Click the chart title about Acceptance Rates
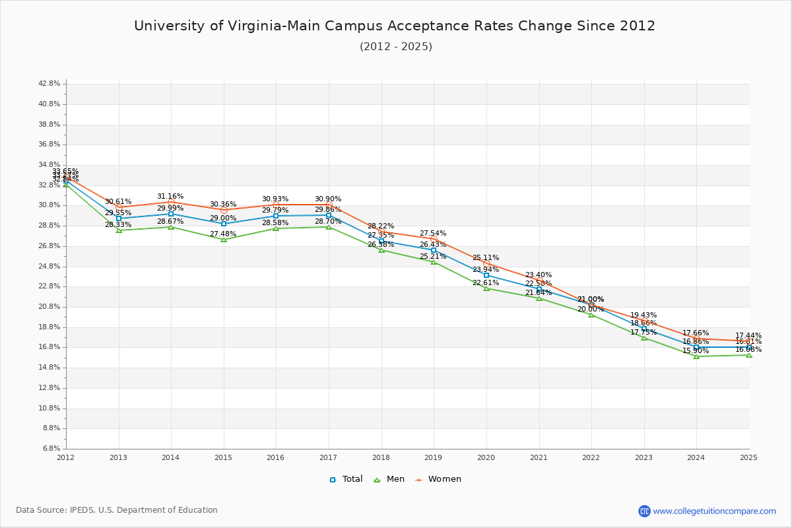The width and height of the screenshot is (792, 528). click(x=395, y=26)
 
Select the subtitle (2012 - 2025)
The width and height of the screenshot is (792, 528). click(x=396, y=47)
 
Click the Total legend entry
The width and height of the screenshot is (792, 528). click(x=346, y=479)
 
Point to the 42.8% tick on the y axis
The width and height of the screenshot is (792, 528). click(x=50, y=84)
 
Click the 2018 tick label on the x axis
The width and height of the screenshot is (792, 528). click(x=381, y=457)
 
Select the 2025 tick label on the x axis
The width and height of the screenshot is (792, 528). click(x=748, y=457)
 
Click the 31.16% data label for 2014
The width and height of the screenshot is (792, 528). click(x=170, y=197)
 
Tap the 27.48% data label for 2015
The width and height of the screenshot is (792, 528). click(x=223, y=234)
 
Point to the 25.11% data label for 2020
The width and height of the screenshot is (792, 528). click(x=486, y=258)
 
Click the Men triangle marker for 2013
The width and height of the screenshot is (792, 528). click(x=119, y=230)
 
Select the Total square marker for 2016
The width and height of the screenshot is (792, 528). click(x=276, y=216)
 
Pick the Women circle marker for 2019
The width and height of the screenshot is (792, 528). click(x=434, y=239)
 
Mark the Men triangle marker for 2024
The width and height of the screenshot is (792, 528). click(x=696, y=356)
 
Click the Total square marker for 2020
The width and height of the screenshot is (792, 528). click(x=486, y=275)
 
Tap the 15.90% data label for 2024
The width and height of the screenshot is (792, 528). click(x=696, y=351)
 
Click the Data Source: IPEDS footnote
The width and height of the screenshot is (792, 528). click(x=117, y=510)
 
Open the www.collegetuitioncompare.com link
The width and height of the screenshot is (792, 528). click(x=714, y=511)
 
